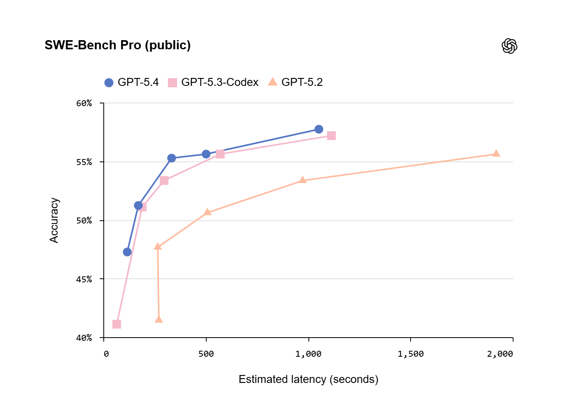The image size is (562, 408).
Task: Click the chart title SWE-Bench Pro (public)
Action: click(x=118, y=45)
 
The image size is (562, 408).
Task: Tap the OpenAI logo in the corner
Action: click(x=509, y=46)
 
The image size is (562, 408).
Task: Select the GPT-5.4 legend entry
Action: click(x=132, y=82)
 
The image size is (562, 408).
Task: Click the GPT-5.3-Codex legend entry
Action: click(x=213, y=82)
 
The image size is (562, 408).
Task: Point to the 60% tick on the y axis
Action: click(x=84, y=103)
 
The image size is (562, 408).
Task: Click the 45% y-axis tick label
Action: click(x=84, y=279)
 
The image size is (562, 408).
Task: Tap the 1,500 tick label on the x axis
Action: click(x=411, y=354)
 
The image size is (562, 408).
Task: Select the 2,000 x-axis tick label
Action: click(x=500, y=354)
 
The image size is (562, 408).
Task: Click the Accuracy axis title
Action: click(x=54, y=220)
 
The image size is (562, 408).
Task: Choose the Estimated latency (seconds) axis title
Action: click(x=308, y=379)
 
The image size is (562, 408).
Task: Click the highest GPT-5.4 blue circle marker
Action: click(x=319, y=129)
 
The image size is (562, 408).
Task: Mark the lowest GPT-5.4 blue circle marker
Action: click(x=127, y=252)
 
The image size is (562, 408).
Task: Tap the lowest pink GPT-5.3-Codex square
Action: click(x=116, y=324)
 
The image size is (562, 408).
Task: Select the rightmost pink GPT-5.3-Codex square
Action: click(x=331, y=136)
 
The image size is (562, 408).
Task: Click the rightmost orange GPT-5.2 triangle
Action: click(x=496, y=153)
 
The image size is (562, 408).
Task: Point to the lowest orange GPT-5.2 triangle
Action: click(x=159, y=319)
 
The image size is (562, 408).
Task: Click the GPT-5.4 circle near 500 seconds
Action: click(x=206, y=154)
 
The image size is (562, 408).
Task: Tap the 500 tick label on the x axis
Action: click(x=206, y=354)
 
